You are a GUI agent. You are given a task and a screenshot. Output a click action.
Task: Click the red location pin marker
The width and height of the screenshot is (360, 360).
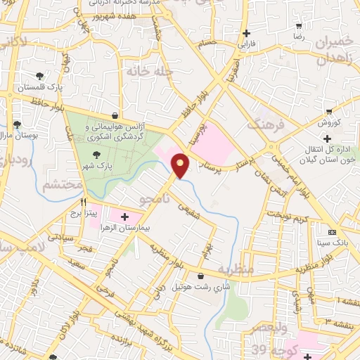coord(181,165)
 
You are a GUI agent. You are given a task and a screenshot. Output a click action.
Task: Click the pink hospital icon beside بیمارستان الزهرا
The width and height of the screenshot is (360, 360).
coord(125,216)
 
